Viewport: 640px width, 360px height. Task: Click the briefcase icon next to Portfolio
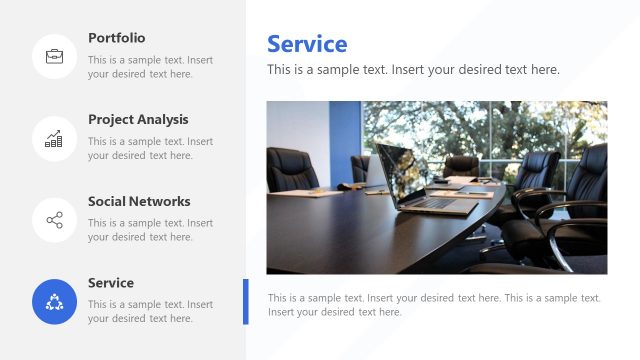click(54, 56)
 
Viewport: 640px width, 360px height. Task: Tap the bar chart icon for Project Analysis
click(54, 138)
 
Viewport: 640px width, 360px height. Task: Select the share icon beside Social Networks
click(54, 220)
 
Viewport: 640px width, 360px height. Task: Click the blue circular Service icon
click(54, 302)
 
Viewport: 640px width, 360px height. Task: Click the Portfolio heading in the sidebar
click(116, 38)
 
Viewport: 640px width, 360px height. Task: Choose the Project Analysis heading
click(138, 120)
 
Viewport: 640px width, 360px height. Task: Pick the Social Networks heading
click(138, 202)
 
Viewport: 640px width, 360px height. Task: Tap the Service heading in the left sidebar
click(110, 284)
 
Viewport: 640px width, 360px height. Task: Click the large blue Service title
click(307, 44)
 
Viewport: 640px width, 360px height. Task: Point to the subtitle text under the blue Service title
click(413, 70)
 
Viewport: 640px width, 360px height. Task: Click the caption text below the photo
click(434, 305)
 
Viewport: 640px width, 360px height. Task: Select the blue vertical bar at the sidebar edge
click(245, 302)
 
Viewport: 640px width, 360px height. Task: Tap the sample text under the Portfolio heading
click(150, 67)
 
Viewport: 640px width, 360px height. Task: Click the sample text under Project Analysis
click(150, 149)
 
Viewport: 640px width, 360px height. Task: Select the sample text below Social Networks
click(150, 231)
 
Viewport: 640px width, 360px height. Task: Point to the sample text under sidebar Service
click(150, 312)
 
